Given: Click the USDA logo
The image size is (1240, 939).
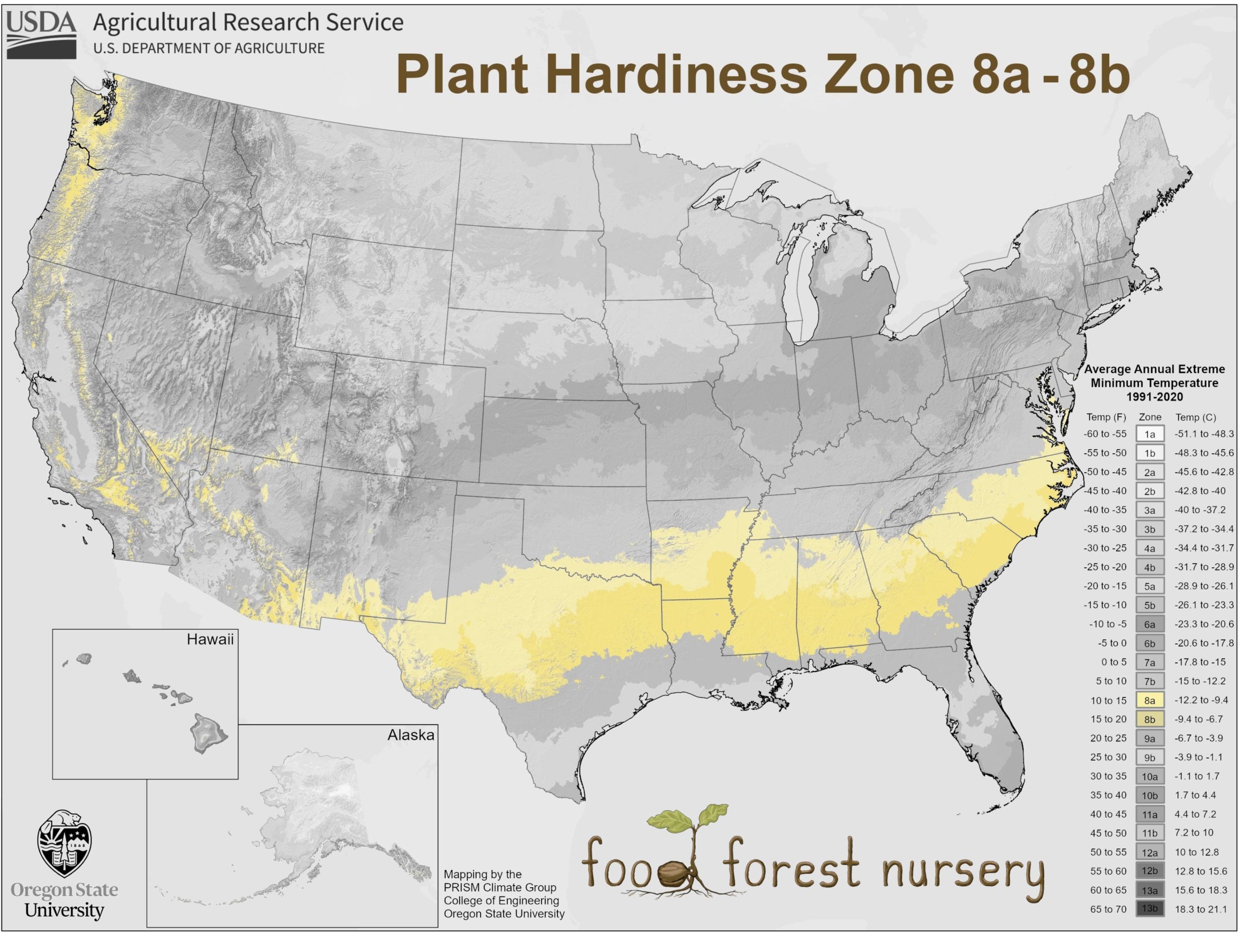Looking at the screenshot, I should tap(42, 35).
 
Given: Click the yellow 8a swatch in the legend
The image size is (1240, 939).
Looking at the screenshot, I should tap(1150, 700).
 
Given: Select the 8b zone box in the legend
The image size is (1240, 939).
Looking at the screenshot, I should tap(1150, 719).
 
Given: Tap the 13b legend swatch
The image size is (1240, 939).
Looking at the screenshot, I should tap(1150, 908).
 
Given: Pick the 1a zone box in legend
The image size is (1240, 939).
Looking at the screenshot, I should tap(1150, 434).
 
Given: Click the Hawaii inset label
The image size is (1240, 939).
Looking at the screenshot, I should tap(210, 640).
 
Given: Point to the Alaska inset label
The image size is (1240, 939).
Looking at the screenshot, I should tap(410, 735).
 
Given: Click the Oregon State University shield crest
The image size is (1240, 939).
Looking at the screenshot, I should tap(64, 844).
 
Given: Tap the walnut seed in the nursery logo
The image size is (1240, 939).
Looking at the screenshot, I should tap(671, 874).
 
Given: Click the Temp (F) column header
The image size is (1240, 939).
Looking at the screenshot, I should tap(1106, 417).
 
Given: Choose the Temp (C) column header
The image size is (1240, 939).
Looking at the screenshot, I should tap(1196, 417).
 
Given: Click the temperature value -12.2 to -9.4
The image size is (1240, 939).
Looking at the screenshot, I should tap(1201, 700).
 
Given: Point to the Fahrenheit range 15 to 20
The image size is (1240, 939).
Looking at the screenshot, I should tap(1108, 719).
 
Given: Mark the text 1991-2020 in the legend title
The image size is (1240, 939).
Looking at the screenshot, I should tap(1154, 397).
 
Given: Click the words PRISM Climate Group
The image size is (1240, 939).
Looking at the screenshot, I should tap(499, 887).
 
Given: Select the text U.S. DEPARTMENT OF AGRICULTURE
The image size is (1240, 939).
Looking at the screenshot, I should tap(209, 49).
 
